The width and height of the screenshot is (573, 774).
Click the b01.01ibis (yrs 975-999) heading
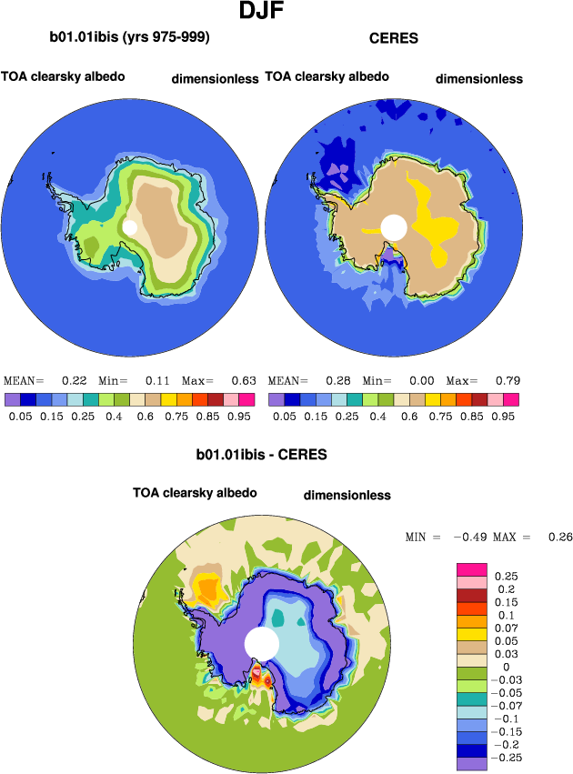coord(130,38)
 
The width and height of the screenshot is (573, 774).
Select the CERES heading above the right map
coord(393,38)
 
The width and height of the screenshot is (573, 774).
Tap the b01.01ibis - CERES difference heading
coord(261,453)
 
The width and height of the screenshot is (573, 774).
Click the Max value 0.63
coord(242,380)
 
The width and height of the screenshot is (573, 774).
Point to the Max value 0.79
coord(506,380)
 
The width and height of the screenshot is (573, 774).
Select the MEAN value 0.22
coord(74,380)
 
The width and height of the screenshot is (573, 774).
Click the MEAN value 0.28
coord(337,380)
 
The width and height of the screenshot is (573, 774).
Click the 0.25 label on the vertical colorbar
coord(506,577)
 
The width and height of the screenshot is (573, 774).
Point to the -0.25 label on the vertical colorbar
coord(508,757)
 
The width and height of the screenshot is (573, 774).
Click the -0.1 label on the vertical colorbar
coord(505,719)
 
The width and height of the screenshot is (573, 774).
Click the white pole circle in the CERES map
coord(394,227)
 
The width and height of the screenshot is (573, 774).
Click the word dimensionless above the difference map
coord(347,496)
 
